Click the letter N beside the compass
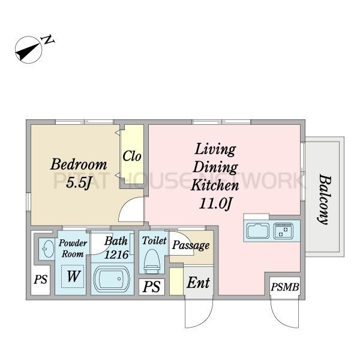tap(49, 40)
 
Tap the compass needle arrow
tap(27, 51)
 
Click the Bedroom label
tap(79, 164)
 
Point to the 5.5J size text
tap(79, 183)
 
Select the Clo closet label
tap(132, 157)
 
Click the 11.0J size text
tap(215, 203)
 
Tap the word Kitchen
tap(215, 185)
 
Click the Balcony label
tap(325, 199)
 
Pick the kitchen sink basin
tap(257, 231)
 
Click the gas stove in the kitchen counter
tap(283, 230)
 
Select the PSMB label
tap(284, 287)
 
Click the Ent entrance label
tap(198, 283)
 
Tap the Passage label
tap(191, 245)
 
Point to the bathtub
tap(112, 279)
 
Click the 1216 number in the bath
tap(116, 254)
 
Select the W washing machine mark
tap(73, 276)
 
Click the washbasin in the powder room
tap(47, 249)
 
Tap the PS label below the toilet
tap(152, 287)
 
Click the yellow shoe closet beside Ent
tap(176, 281)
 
